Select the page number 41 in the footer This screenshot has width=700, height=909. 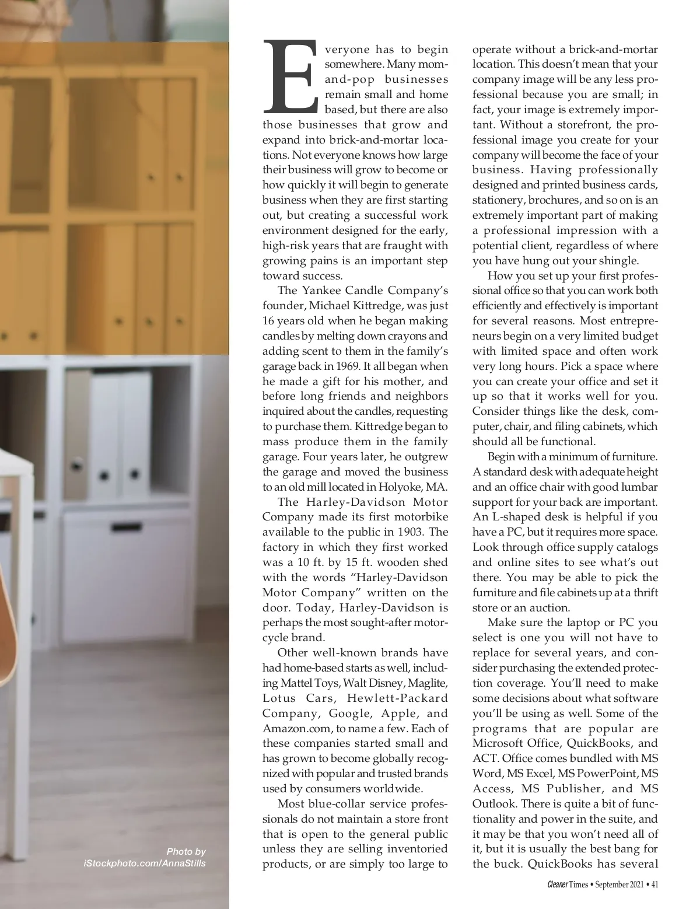coord(654,884)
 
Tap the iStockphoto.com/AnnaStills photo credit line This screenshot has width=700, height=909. coord(144,863)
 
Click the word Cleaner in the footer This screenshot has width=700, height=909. coord(557,884)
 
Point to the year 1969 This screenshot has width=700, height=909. coord(348,366)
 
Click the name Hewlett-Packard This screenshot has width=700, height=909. coord(397,698)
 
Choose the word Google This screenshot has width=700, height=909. coord(350,713)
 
